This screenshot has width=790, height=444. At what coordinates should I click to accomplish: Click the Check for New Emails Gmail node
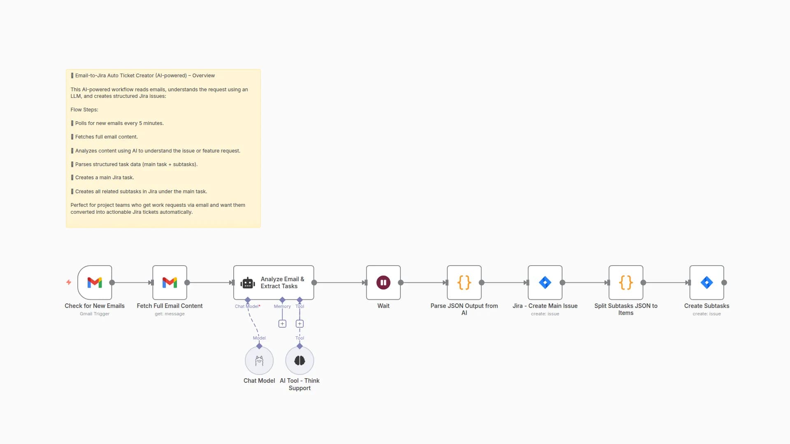coord(95,282)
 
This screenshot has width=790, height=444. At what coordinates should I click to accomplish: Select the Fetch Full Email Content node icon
coord(170,282)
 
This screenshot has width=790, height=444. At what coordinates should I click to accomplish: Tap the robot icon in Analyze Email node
coord(248,283)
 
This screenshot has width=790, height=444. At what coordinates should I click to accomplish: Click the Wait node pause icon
coord(383,282)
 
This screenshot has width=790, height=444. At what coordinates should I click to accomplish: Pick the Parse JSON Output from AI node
coord(464,282)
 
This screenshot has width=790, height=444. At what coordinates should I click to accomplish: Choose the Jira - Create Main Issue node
coord(545,282)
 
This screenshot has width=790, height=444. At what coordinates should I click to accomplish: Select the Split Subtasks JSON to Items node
coord(626,282)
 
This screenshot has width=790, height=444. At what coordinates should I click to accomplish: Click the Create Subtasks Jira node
coord(706,282)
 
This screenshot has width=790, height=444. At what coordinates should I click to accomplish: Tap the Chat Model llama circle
coord(259,361)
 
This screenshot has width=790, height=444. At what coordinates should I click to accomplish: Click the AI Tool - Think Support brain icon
coord(300,361)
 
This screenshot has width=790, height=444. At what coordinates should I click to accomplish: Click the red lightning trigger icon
coord(69,282)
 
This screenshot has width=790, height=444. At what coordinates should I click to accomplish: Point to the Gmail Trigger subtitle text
coord(95,314)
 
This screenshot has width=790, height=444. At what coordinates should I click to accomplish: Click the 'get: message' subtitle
coord(170,314)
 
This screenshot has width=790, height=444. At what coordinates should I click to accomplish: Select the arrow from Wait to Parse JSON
coord(424,282)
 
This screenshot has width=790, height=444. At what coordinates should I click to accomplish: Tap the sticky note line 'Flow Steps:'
coord(84,110)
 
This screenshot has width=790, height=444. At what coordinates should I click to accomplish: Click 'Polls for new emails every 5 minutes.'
coord(119,123)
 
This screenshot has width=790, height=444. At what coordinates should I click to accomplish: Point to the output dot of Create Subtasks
coord(724,282)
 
